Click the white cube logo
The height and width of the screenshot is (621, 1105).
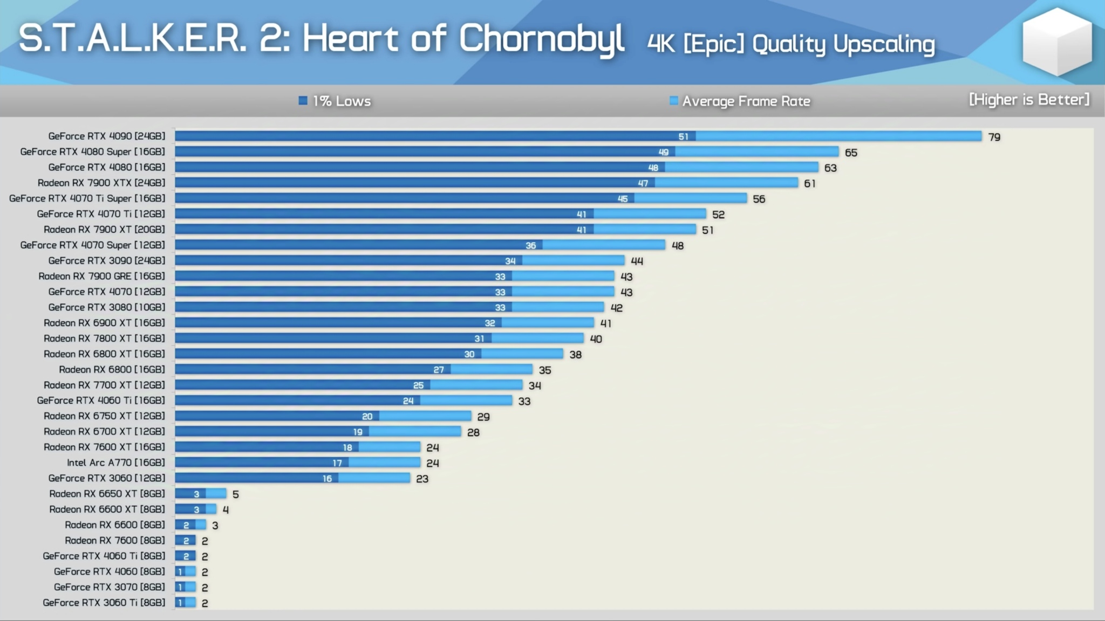tap(1056, 42)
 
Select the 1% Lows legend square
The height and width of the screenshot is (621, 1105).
tap(303, 101)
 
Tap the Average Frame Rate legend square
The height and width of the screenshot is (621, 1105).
tap(673, 101)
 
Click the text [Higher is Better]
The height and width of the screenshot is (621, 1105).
tap(1029, 100)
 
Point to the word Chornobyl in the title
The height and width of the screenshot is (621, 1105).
tap(541, 39)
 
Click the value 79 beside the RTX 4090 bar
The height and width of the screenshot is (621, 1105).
tap(994, 137)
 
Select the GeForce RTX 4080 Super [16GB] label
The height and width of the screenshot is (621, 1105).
tap(93, 152)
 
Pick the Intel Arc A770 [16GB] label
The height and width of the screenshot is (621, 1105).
tap(116, 463)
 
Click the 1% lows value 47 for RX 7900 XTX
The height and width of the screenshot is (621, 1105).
tap(643, 183)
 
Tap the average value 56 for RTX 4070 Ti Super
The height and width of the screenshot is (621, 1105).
tap(759, 199)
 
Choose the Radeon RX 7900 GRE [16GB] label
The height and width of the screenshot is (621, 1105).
tap(101, 276)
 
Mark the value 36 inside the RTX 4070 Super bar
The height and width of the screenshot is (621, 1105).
tap(530, 246)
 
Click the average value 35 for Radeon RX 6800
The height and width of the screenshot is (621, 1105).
tap(545, 370)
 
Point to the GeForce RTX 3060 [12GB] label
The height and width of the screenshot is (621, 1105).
tap(107, 478)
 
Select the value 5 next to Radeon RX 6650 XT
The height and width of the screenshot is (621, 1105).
tap(235, 494)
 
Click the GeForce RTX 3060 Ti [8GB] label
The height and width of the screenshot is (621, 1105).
tap(104, 603)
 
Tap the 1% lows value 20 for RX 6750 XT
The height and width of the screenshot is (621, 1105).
tap(367, 417)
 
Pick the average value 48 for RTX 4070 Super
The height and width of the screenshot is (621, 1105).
tap(678, 246)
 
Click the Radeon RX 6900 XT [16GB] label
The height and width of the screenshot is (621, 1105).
tap(104, 323)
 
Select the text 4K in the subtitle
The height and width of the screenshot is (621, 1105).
tap(661, 44)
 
